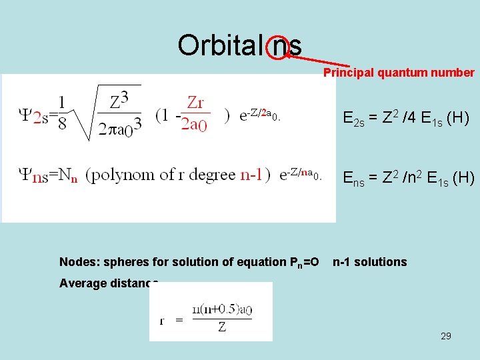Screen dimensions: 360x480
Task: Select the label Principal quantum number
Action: tap(399, 73)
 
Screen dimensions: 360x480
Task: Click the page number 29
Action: tap(445, 336)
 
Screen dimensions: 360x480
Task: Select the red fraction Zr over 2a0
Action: tap(195, 114)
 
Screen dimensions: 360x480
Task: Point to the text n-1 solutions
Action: tap(369, 262)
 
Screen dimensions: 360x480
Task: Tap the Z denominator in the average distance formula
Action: tap(222, 327)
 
